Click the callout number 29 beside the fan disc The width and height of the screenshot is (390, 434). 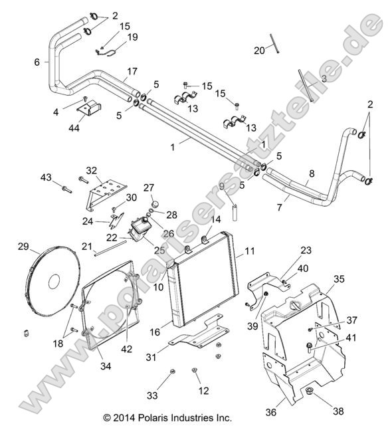coord(23,247)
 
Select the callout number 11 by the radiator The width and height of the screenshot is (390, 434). coord(250,251)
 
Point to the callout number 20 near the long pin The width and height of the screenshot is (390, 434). coord(259,49)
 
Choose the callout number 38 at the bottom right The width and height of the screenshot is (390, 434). coord(339,411)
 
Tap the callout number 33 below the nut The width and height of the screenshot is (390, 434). coord(152,395)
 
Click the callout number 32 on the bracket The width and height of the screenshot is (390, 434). coord(110,170)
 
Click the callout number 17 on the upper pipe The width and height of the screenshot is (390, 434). coord(132,70)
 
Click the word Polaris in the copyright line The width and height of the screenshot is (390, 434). coord(166,418)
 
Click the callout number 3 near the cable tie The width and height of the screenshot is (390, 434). coord(324,78)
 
